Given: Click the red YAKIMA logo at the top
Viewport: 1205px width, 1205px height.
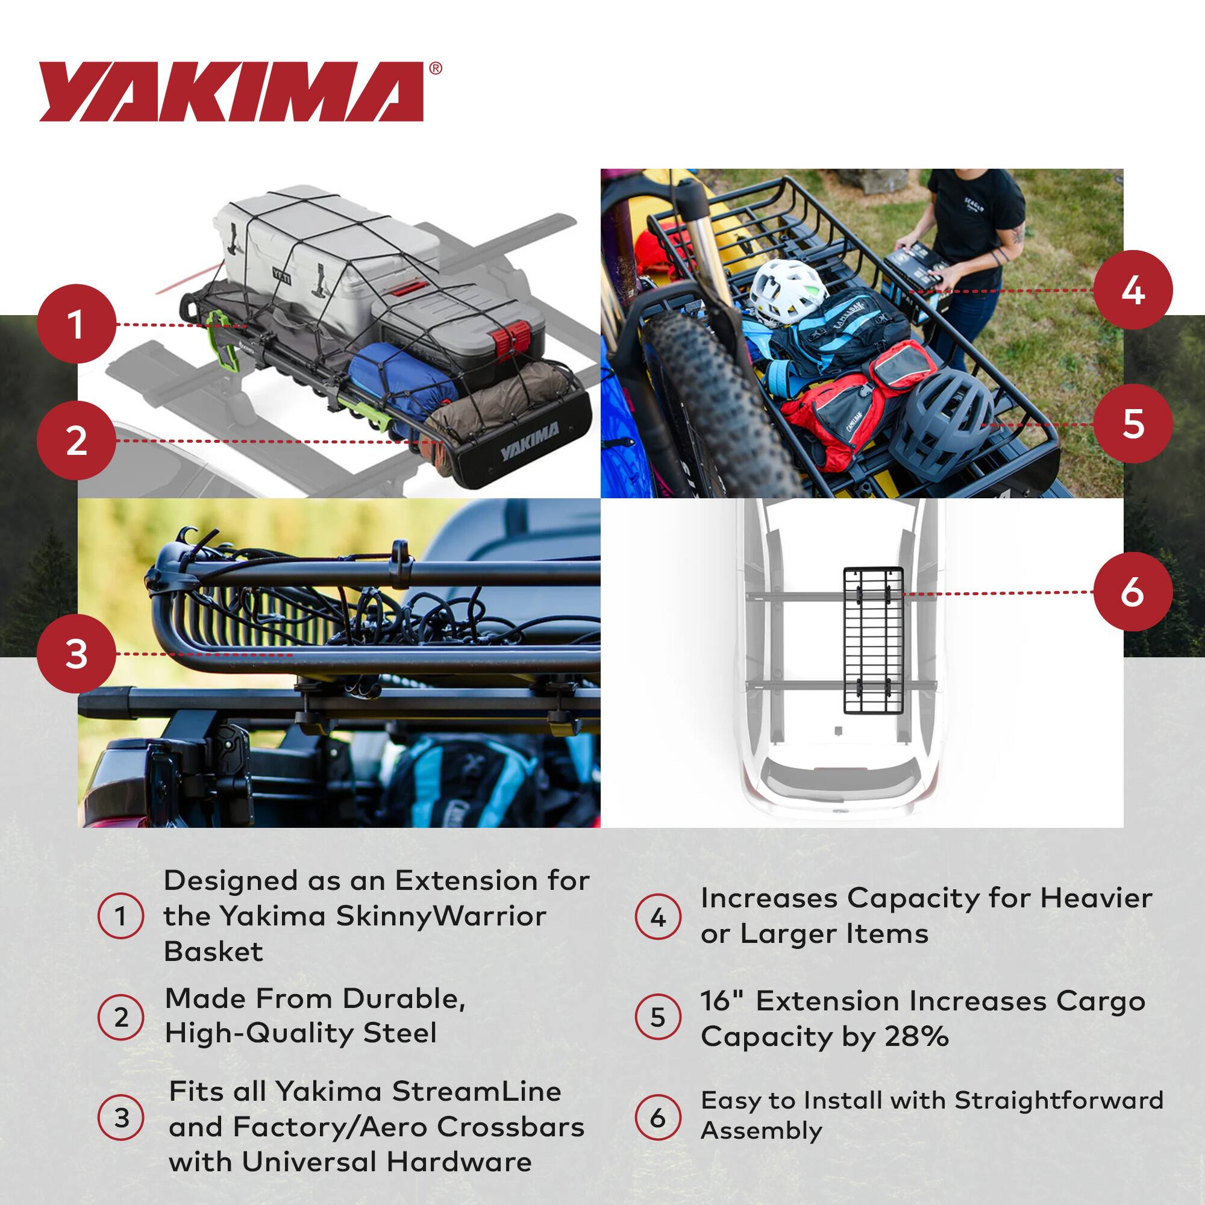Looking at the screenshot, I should click(x=232, y=92).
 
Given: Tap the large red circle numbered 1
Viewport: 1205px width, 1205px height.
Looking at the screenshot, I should click(x=76, y=324).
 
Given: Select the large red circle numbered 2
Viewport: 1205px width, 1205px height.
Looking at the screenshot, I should click(x=76, y=441).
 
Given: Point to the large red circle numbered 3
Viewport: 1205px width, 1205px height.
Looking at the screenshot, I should click(x=76, y=654).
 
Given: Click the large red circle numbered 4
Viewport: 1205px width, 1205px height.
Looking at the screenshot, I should click(x=1132, y=290).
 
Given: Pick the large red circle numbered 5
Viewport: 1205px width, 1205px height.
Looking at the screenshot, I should click(x=1132, y=424).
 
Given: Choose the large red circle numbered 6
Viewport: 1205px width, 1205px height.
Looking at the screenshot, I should click(x=1132, y=592).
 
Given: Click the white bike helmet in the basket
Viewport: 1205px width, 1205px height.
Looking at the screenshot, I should click(x=784, y=292).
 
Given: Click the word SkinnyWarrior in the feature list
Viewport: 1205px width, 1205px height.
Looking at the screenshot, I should click(x=440, y=916).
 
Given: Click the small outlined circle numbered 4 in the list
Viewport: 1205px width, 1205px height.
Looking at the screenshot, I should click(x=657, y=918).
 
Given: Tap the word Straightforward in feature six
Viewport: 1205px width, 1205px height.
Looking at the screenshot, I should click(x=1059, y=1100).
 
